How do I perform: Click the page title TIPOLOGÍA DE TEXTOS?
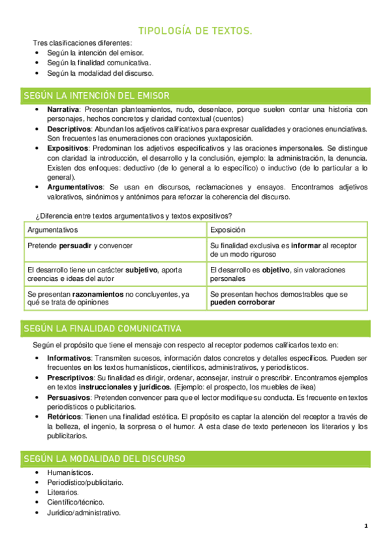(195, 31)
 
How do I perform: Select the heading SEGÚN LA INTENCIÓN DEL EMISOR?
(96, 95)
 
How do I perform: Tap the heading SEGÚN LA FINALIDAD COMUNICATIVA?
(102, 328)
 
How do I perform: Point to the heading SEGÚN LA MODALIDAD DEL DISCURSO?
(104, 459)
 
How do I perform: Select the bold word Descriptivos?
(68, 129)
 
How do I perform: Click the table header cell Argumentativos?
(52, 230)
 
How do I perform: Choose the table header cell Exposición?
(228, 230)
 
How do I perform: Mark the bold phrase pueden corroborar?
(242, 303)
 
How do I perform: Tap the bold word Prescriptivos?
(70, 378)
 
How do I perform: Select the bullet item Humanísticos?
(70, 472)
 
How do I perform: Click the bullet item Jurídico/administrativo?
(84, 513)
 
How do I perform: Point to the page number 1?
(366, 527)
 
